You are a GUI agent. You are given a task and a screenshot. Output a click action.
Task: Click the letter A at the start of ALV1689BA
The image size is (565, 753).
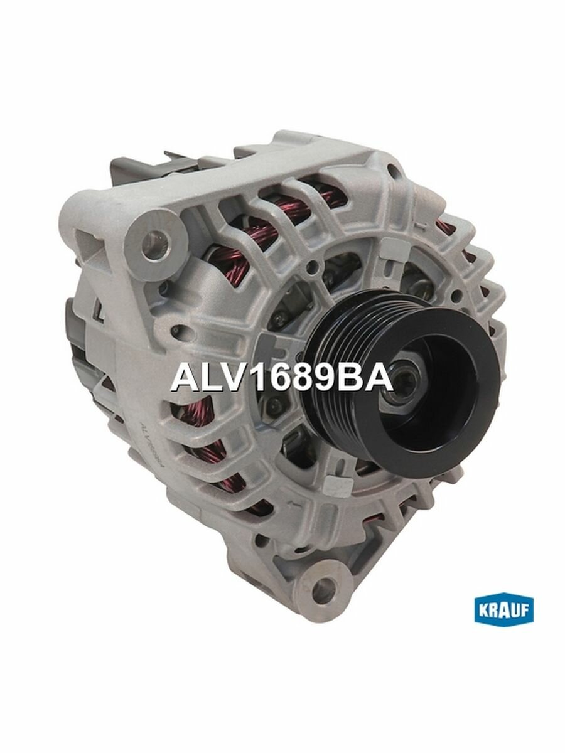(x=182, y=378)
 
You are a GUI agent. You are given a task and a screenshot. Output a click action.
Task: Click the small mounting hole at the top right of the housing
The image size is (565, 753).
(x=394, y=169)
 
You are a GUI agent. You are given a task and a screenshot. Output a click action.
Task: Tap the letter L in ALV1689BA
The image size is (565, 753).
(x=206, y=378)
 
